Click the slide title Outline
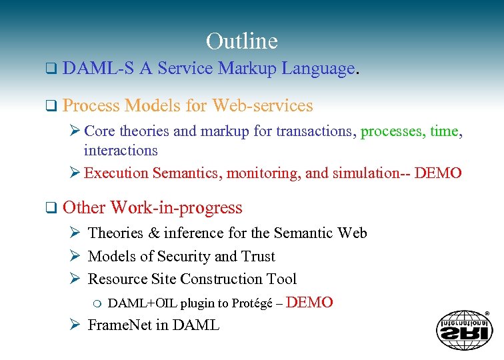(x=241, y=41)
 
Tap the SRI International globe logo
(x=464, y=330)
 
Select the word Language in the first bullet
(x=318, y=69)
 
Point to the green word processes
(x=391, y=131)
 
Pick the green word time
(x=444, y=131)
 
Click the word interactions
(x=121, y=151)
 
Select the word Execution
(x=117, y=173)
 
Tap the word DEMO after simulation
(x=438, y=173)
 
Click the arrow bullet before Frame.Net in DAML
(x=75, y=325)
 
